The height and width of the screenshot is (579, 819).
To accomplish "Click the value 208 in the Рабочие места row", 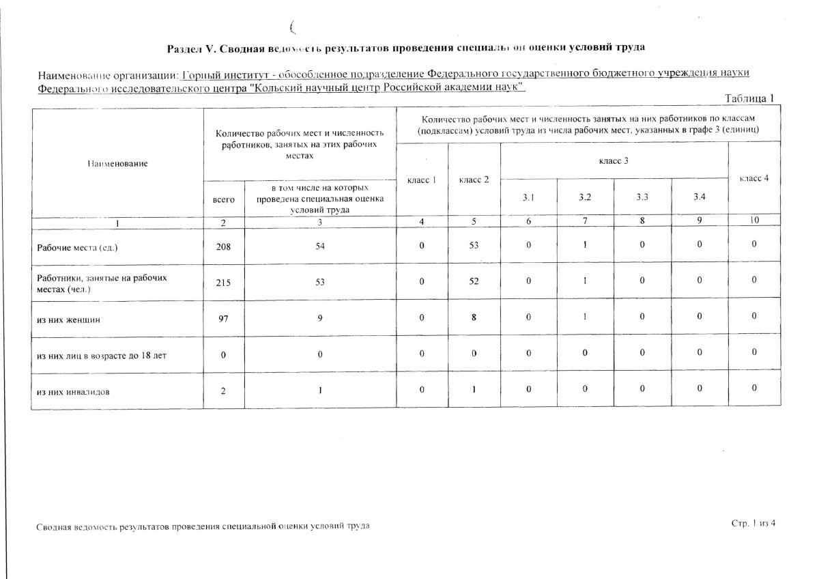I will [x=223, y=246].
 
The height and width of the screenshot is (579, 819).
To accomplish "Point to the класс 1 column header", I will [x=422, y=180].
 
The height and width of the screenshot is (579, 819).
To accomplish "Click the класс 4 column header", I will [x=754, y=178].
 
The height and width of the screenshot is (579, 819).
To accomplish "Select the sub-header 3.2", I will [x=585, y=197].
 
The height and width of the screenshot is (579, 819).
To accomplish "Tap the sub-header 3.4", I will [x=700, y=197].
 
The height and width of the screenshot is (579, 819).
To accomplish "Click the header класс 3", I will [x=614, y=160].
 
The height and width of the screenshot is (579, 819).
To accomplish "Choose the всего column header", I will [x=223, y=199].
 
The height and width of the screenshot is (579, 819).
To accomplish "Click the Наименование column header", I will [x=117, y=163].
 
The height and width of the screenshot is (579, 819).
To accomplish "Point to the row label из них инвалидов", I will [x=73, y=392].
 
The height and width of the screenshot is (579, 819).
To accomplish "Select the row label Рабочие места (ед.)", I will [x=77, y=247].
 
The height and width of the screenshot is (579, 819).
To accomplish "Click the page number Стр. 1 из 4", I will [x=753, y=523].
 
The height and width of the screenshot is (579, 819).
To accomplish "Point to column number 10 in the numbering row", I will [x=754, y=221].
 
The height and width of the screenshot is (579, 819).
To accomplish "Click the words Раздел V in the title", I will [x=192, y=47].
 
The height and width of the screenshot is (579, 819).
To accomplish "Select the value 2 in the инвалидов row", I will [x=223, y=391].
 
